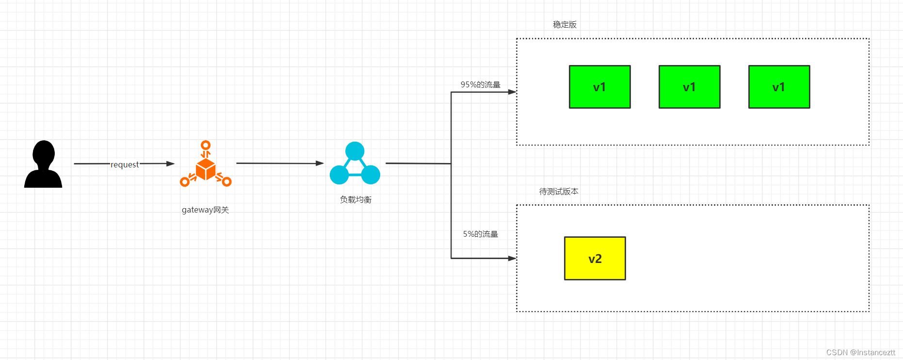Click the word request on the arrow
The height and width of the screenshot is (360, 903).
point(125,164)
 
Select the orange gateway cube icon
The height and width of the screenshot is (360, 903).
point(206,168)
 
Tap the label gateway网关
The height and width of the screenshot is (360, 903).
point(205,210)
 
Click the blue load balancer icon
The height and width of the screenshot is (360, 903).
point(355,164)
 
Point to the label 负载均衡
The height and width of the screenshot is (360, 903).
point(355,199)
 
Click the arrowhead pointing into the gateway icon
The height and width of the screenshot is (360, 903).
point(170,164)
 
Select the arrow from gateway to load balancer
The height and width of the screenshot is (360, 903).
point(279,163)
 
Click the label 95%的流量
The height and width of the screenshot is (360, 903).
point(480,84)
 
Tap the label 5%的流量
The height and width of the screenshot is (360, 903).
point(480,234)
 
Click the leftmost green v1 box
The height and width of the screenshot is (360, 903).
point(599,87)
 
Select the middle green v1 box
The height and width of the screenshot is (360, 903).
point(689,87)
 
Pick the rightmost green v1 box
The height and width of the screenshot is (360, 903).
point(779,87)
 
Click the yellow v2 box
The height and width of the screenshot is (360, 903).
point(595,258)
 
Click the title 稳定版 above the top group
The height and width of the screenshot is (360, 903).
point(564,24)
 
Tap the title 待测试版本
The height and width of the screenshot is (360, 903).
point(559,191)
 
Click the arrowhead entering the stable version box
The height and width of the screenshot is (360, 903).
point(512,92)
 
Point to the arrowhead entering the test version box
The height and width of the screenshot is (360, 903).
point(512,258)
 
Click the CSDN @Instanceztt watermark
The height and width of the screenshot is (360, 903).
point(860,352)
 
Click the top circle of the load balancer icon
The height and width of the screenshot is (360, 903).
point(355,151)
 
